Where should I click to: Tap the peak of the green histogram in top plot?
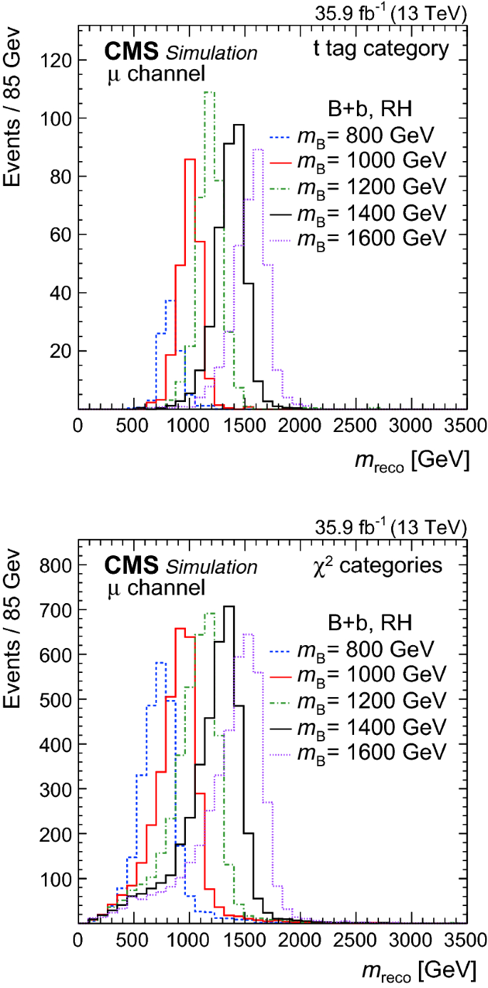209,92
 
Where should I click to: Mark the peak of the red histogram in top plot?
190,160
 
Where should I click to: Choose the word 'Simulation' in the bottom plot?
212,567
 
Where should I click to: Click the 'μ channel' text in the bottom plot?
155,588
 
